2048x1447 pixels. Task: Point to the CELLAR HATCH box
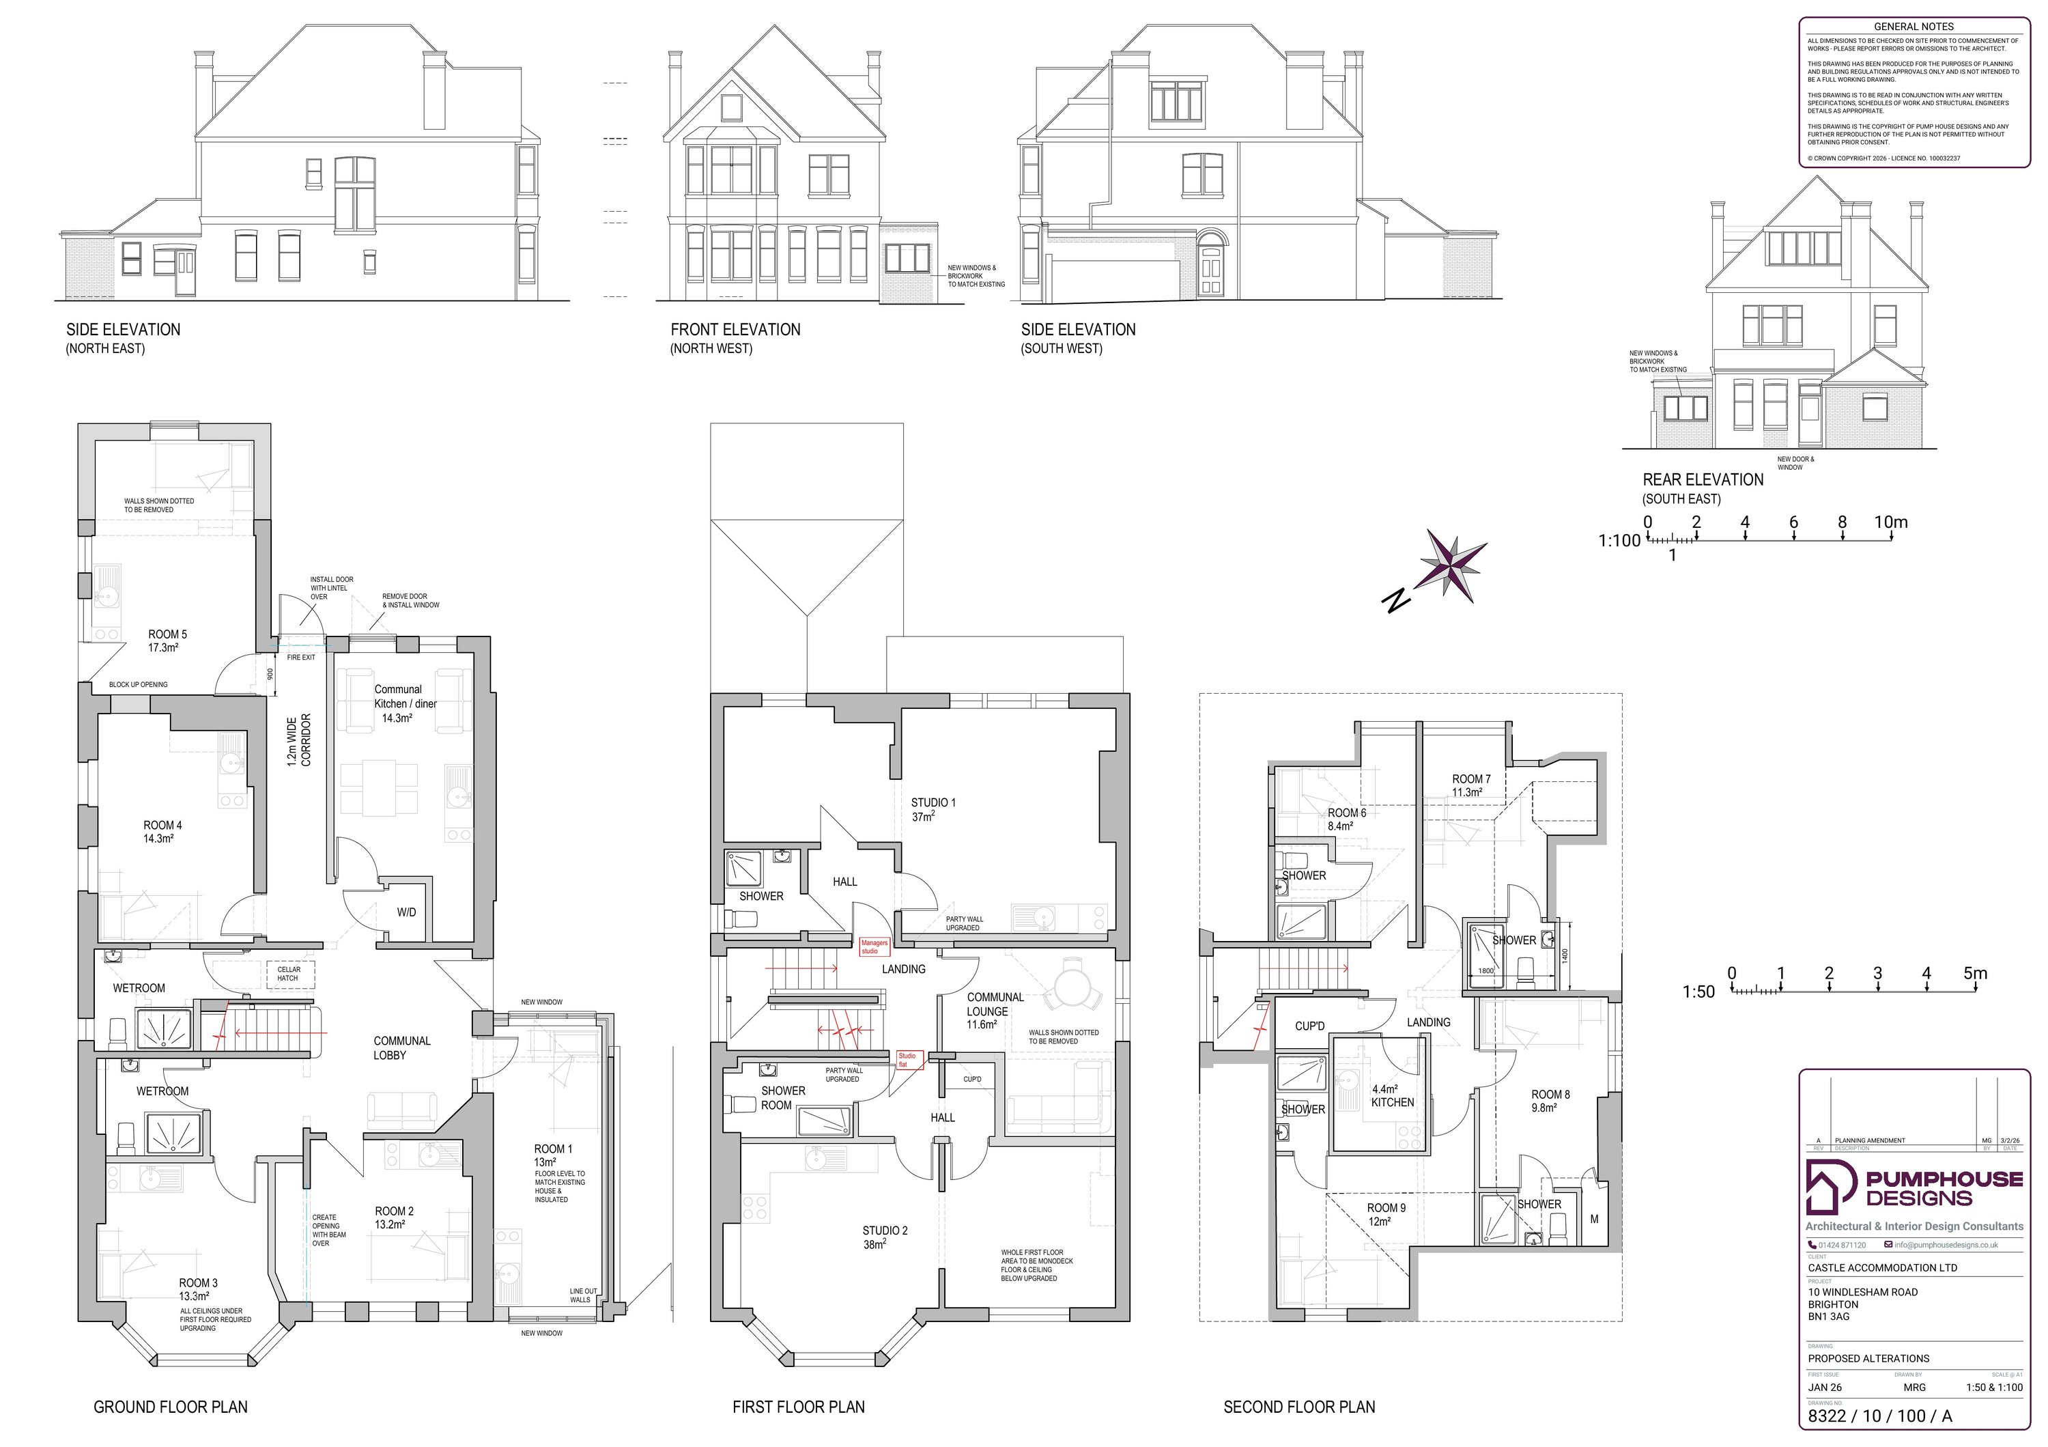pyautogui.click(x=289, y=973)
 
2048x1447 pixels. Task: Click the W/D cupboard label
pyautogui.click(x=407, y=912)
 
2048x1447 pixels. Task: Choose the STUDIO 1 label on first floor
pyautogui.click(x=932, y=809)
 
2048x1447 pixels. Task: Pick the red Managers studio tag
pyautogui.click(x=874, y=946)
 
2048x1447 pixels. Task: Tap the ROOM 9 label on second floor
pyautogui.click(x=1385, y=1214)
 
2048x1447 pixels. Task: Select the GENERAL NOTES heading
pyautogui.click(x=1914, y=27)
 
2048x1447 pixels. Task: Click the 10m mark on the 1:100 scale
pyautogui.click(x=1891, y=524)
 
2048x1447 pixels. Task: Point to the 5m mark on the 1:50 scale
pyautogui.click(x=1975, y=974)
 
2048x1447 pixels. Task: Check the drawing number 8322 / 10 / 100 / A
pyautogui.click(x=1879, y=1416)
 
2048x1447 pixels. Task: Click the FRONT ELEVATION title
pyautogui.click(x=735, y=330)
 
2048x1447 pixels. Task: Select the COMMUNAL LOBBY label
pyautogui.click(x=401, y=1048)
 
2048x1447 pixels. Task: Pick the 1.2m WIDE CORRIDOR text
pyautogui.click(x=299, y=740)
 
